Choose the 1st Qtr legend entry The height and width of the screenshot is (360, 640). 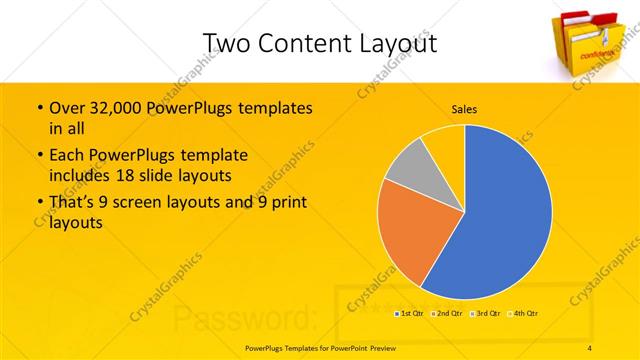pos(409,314)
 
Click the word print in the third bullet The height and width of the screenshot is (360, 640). pos(288,203)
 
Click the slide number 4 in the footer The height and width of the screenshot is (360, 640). pos(589,347)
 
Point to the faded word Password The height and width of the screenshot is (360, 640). pos(246,318)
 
